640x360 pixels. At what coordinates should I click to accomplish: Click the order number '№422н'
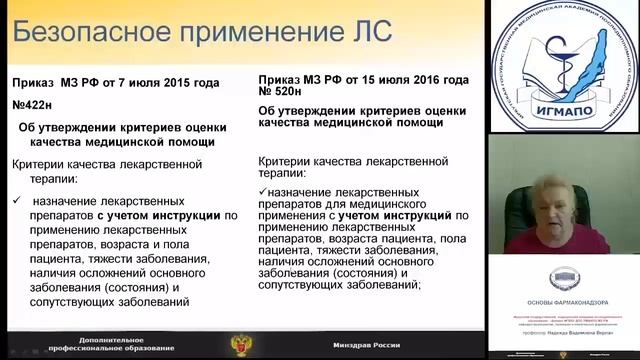click(34, 108)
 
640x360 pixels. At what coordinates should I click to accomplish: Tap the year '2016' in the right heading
click(446, 78)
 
